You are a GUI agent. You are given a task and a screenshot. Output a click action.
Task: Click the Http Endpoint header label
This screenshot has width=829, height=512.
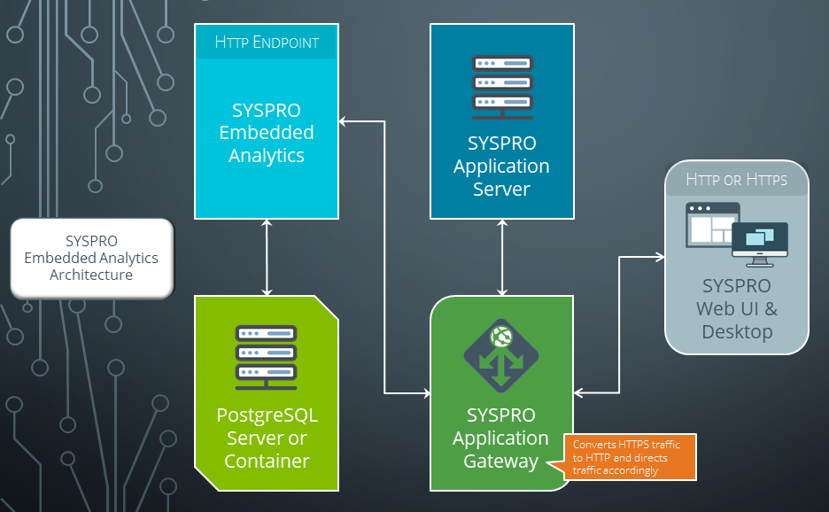(267, 42)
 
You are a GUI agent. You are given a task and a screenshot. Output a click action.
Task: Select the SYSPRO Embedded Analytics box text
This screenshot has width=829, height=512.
(267, 133)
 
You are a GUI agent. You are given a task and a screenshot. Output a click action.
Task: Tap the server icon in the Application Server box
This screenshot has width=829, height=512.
(502, 87)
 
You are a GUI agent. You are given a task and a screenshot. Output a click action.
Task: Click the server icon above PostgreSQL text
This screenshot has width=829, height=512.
(267, 357)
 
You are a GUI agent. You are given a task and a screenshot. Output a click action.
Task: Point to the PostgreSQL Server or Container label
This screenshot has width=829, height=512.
(267, 438)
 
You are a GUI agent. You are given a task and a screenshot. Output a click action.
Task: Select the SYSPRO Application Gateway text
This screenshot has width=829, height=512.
(501, 438)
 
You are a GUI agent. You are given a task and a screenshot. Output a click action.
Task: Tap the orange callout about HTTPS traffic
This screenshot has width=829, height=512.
(630, 456)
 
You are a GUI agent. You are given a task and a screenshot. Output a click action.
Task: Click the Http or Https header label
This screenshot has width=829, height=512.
(737, 179)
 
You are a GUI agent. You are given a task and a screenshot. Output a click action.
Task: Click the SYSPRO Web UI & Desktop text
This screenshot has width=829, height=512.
(737, 309)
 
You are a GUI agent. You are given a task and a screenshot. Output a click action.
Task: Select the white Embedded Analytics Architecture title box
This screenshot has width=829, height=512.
(91, 258)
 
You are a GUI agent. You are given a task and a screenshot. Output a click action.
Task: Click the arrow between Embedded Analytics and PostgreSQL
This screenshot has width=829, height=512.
(267, 257)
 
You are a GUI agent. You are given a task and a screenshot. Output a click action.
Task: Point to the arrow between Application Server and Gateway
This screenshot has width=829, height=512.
(502, 257)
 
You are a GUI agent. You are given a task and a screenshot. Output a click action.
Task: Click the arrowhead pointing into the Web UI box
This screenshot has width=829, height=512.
(660, 257)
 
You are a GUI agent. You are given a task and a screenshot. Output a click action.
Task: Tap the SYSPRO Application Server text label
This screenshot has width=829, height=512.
(501, 166)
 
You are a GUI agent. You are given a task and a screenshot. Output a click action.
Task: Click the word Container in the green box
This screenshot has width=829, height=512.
(267, 461)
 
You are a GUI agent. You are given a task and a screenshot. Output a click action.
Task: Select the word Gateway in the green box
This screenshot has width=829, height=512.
(501, 461)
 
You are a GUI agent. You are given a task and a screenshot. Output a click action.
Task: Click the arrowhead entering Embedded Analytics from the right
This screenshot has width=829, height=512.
(345, 121)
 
